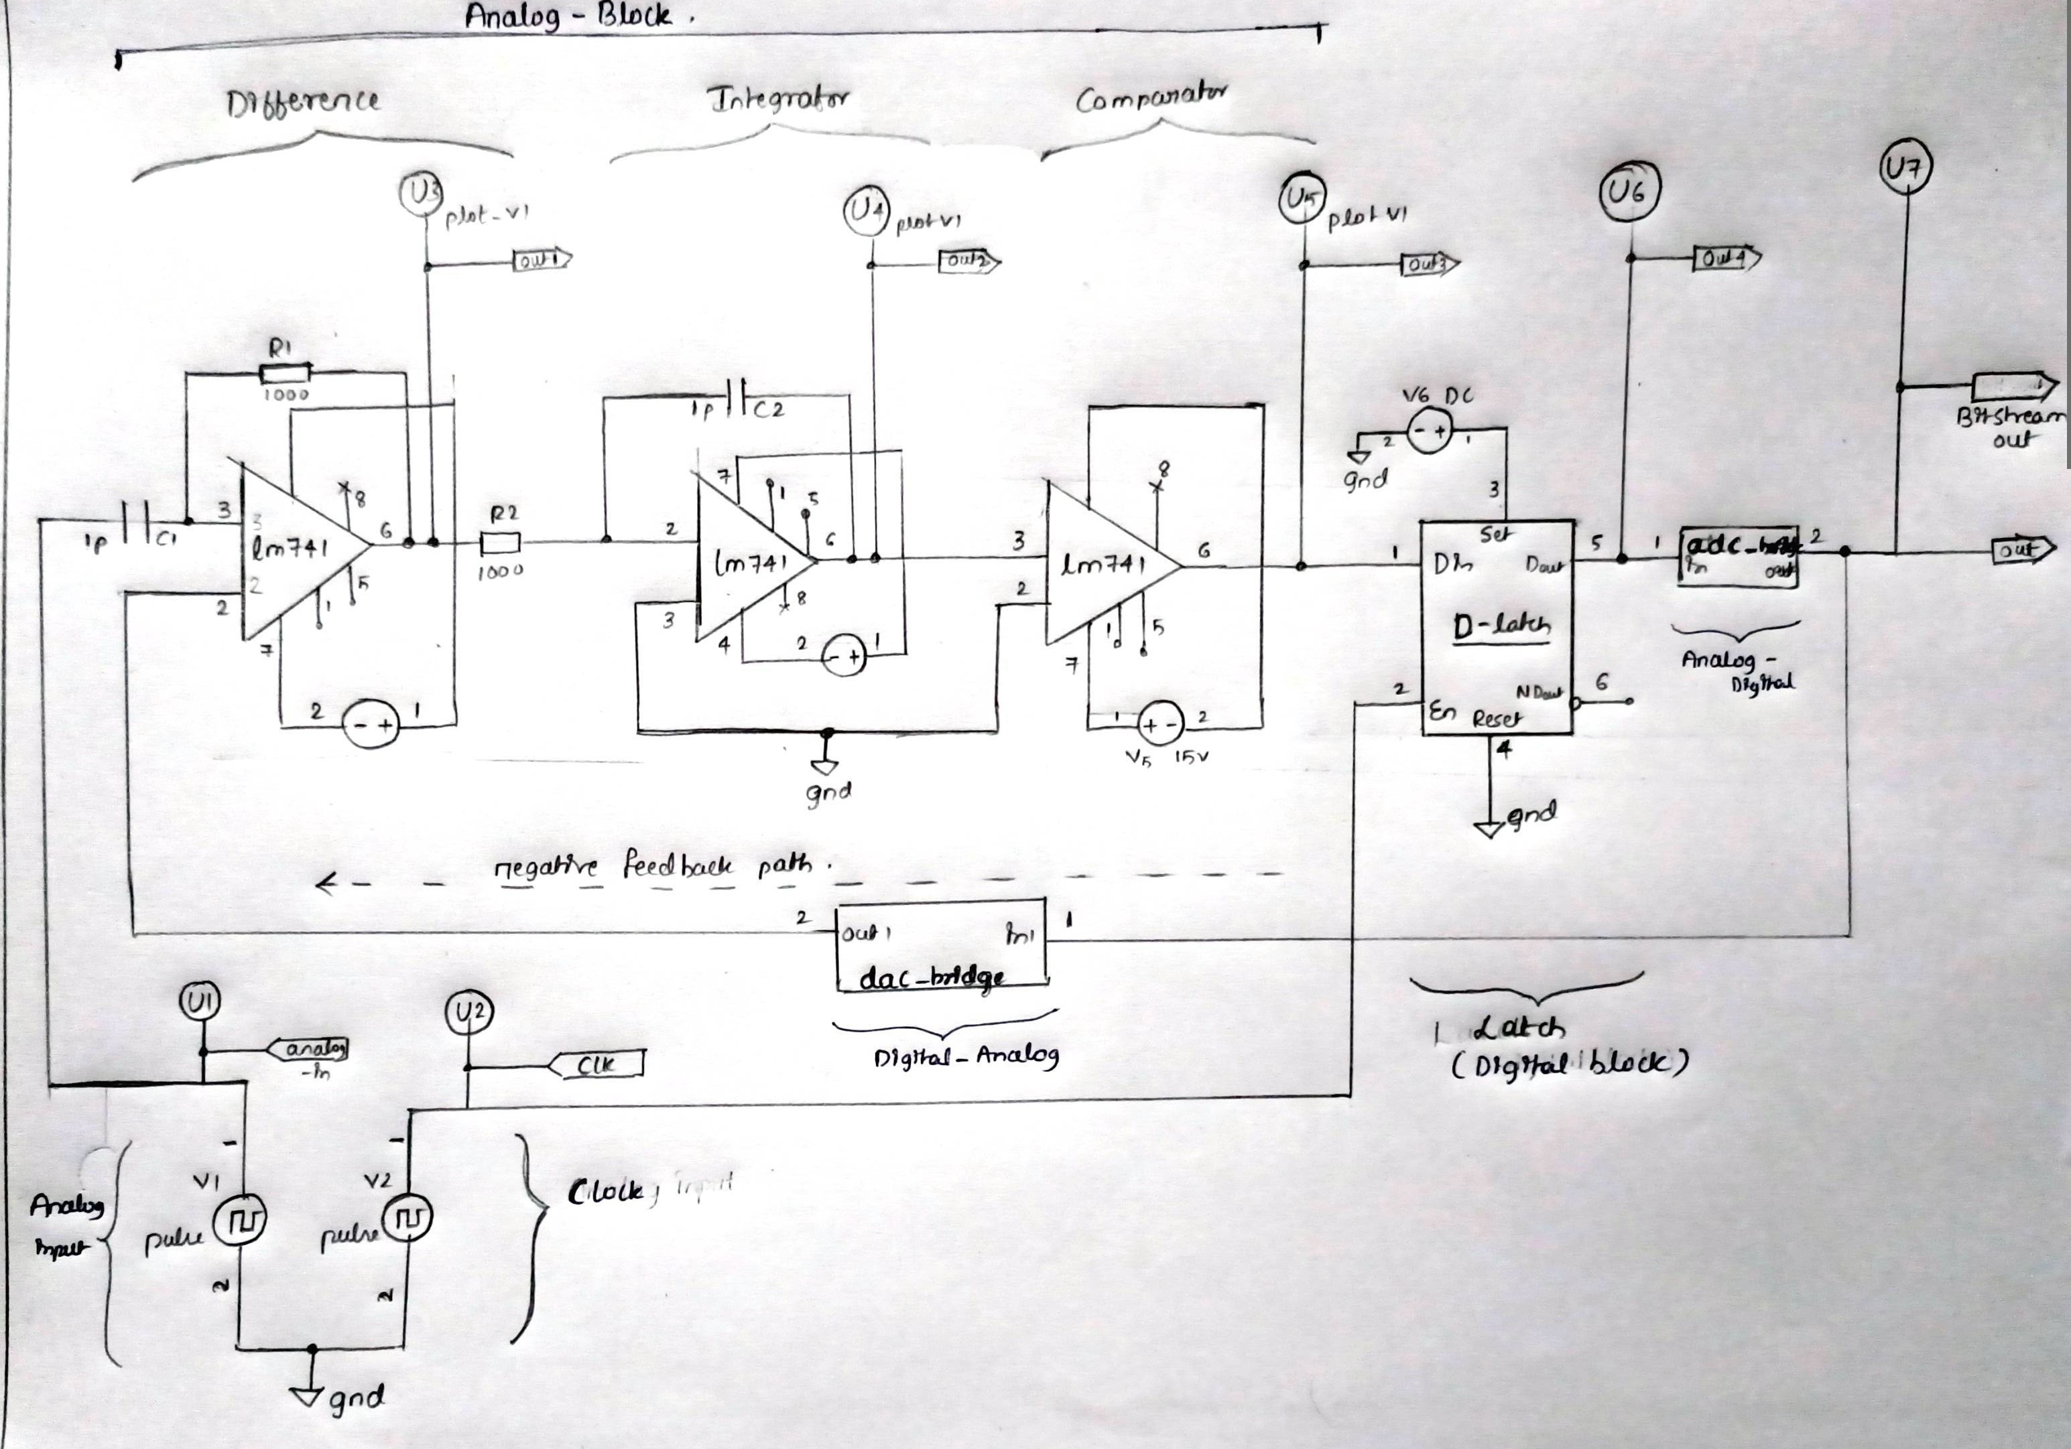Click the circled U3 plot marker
pyautogui.click(x=420, y=194)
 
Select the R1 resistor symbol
pyautogui.click(x=285, y=373)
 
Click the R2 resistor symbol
pyautogui.click(x=500, y=542)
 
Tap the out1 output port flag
pyautogui.click(x=541, y=261)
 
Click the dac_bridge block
pyautogui.click(x=941, y=947)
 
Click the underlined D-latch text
pyautogui.click(x=1502, y=625)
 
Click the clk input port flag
pyautogui.click(x=597, y=1065)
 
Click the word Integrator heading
pyautogui.click(x=777, y=99)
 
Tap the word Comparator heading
pyautogui.click(x=1150, y=97)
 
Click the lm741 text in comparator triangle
pyautogui.click(x=1105, y=565)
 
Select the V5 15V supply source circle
pyautogui.click(x=1160, y=723)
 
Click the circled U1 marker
pyautogui.click(x=200, y=1001)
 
